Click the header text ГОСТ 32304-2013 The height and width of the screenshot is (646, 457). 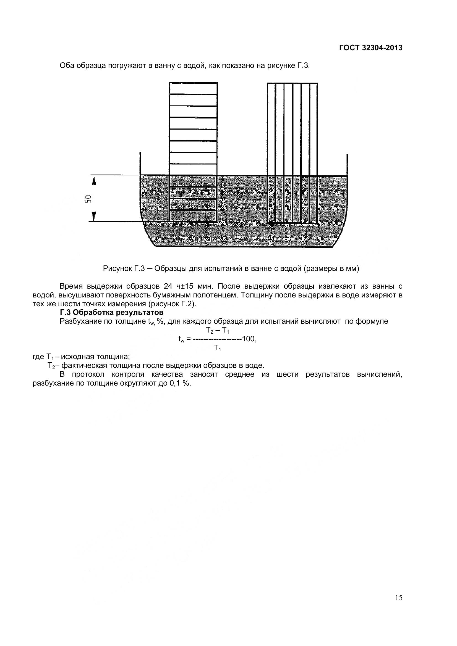click(x=370, y=48)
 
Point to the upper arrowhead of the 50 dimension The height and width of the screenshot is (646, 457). click(x=94, y=180)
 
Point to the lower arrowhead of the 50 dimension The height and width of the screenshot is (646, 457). click(x=94, y=217)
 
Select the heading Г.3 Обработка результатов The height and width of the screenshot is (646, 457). click(x=111, y=312)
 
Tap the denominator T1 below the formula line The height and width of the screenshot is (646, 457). click(x=217, y=348)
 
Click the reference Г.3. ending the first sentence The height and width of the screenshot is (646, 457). click(x=303, y=66)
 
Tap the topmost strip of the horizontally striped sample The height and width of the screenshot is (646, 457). click(x=193, y=89)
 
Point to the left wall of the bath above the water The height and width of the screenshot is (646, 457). click(x=140, y=163)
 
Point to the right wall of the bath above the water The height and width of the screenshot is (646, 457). click(x=347, y=165)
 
